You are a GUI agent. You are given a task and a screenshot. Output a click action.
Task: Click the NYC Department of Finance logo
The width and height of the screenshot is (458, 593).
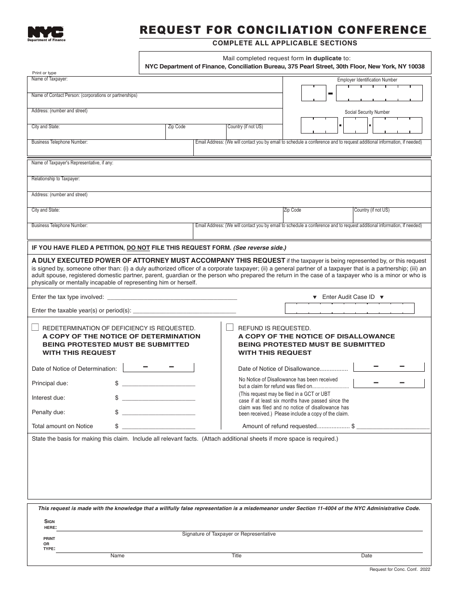click(46, 33)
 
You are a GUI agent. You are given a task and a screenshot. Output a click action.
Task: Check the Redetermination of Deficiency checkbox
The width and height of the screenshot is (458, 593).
click(35, 327)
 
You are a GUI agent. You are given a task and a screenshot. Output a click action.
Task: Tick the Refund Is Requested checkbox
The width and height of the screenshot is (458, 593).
click(230, 327)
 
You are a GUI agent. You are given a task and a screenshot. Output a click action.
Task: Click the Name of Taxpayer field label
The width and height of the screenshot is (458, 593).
click(50, 79)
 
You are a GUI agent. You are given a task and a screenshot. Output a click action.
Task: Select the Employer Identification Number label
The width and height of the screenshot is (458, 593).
click(367, 80)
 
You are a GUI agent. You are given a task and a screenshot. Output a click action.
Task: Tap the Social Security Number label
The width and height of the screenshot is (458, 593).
click(367, 112)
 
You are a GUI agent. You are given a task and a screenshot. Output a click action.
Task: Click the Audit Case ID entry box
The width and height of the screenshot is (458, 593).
click(350, 308)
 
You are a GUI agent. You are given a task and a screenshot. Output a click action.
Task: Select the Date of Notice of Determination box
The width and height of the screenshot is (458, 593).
click(159, 368)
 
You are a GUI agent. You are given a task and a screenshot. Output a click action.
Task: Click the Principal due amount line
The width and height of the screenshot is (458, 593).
click(159, 384)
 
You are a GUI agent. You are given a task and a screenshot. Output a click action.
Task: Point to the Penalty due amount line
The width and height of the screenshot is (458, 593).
click(159, 413)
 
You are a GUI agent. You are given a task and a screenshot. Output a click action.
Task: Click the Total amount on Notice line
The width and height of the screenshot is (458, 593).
click(159, 427)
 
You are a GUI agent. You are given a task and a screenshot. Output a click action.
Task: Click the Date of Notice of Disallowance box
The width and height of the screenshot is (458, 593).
click(389, 367)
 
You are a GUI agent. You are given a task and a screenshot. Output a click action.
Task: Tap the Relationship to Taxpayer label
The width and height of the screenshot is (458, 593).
click(55, 179)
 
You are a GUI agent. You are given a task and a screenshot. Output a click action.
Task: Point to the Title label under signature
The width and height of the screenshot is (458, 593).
click(236, 556)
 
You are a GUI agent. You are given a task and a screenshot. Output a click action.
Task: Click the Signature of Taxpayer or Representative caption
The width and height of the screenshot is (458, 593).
click(229, 534)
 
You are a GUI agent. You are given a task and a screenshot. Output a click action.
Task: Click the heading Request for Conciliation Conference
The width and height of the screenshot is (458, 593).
click(283, 30)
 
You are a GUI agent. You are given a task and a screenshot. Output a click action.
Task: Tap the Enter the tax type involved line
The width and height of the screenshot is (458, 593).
click(172, 298)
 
